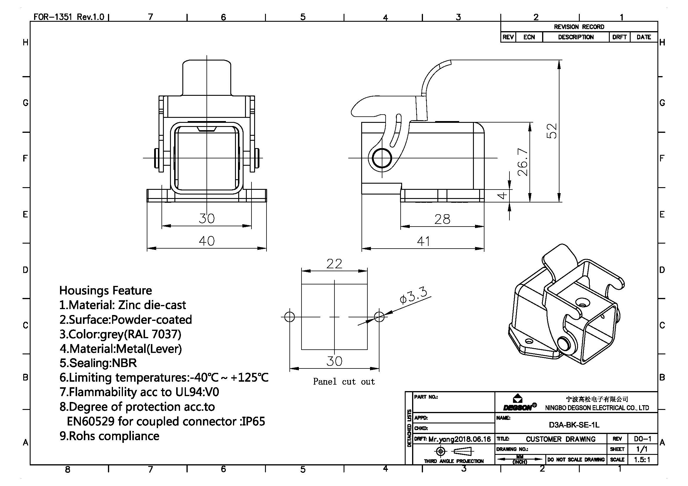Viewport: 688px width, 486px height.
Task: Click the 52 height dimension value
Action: (x=552, y=131)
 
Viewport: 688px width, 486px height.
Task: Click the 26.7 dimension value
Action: (x=523, y=162)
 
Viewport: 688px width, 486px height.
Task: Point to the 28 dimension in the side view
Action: (x=442, y=219)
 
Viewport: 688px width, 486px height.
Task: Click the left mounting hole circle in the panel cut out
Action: (x=289, y=317)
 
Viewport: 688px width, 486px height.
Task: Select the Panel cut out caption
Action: (x=344, y=382)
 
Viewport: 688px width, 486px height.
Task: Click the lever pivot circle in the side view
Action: (x=382, y=158)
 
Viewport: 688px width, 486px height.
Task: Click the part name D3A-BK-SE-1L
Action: (x=574, y=425)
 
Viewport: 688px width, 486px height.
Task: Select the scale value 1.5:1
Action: (x=642, y=460)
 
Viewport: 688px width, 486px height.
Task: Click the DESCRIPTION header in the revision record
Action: (x=576, y=37)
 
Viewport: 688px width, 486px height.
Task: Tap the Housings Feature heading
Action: (x=106, y=291)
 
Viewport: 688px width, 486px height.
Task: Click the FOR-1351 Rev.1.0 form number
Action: (x=69, y=17)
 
